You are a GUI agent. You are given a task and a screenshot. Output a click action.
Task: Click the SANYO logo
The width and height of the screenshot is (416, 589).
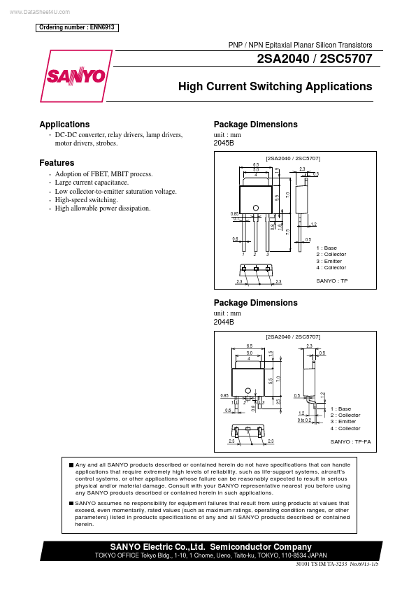pos(76,76)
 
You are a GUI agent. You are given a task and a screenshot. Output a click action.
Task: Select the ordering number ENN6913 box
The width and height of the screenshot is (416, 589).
pos(76,28)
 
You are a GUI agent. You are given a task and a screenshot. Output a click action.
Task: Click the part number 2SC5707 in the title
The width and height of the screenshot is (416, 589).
pos(345,59)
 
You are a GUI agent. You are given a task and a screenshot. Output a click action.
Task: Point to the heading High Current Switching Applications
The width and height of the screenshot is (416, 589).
pos(275,87)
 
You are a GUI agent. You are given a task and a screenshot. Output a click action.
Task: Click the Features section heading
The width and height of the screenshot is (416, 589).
pos(57,163)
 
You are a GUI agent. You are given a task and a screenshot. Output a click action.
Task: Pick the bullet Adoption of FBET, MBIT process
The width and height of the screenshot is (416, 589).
pos(103,173)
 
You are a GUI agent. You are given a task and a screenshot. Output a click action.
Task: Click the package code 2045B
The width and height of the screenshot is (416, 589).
pos(224,143)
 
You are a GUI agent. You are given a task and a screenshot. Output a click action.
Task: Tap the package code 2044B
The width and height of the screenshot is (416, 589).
pos(224,321)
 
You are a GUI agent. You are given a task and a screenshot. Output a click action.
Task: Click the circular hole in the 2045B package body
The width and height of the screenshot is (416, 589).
pos(256,208)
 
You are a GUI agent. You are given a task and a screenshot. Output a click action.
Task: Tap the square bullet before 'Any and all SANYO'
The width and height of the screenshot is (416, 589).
pos(71,465)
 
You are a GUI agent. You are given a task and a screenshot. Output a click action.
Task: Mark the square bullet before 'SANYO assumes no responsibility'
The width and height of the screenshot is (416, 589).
pos(71,503)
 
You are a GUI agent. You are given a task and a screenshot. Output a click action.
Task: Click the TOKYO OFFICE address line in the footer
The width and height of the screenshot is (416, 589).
pos(211,555)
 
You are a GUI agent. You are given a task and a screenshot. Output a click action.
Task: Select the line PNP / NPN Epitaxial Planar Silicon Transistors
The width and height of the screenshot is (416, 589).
pos(301,44)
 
